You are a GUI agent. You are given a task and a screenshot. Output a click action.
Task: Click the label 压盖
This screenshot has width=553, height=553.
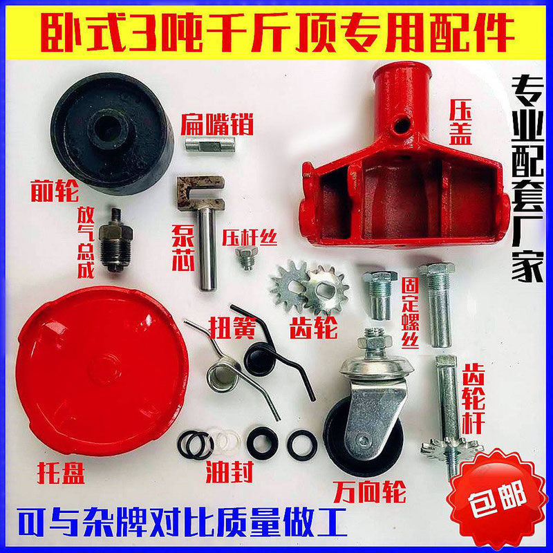[459, 121]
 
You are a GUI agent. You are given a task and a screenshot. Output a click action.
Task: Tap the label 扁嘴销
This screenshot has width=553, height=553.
[217, 124]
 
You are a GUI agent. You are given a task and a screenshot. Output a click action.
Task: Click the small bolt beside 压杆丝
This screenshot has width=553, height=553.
[243, 259]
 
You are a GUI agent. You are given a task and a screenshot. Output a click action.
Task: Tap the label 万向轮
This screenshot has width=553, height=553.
[369, 493]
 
